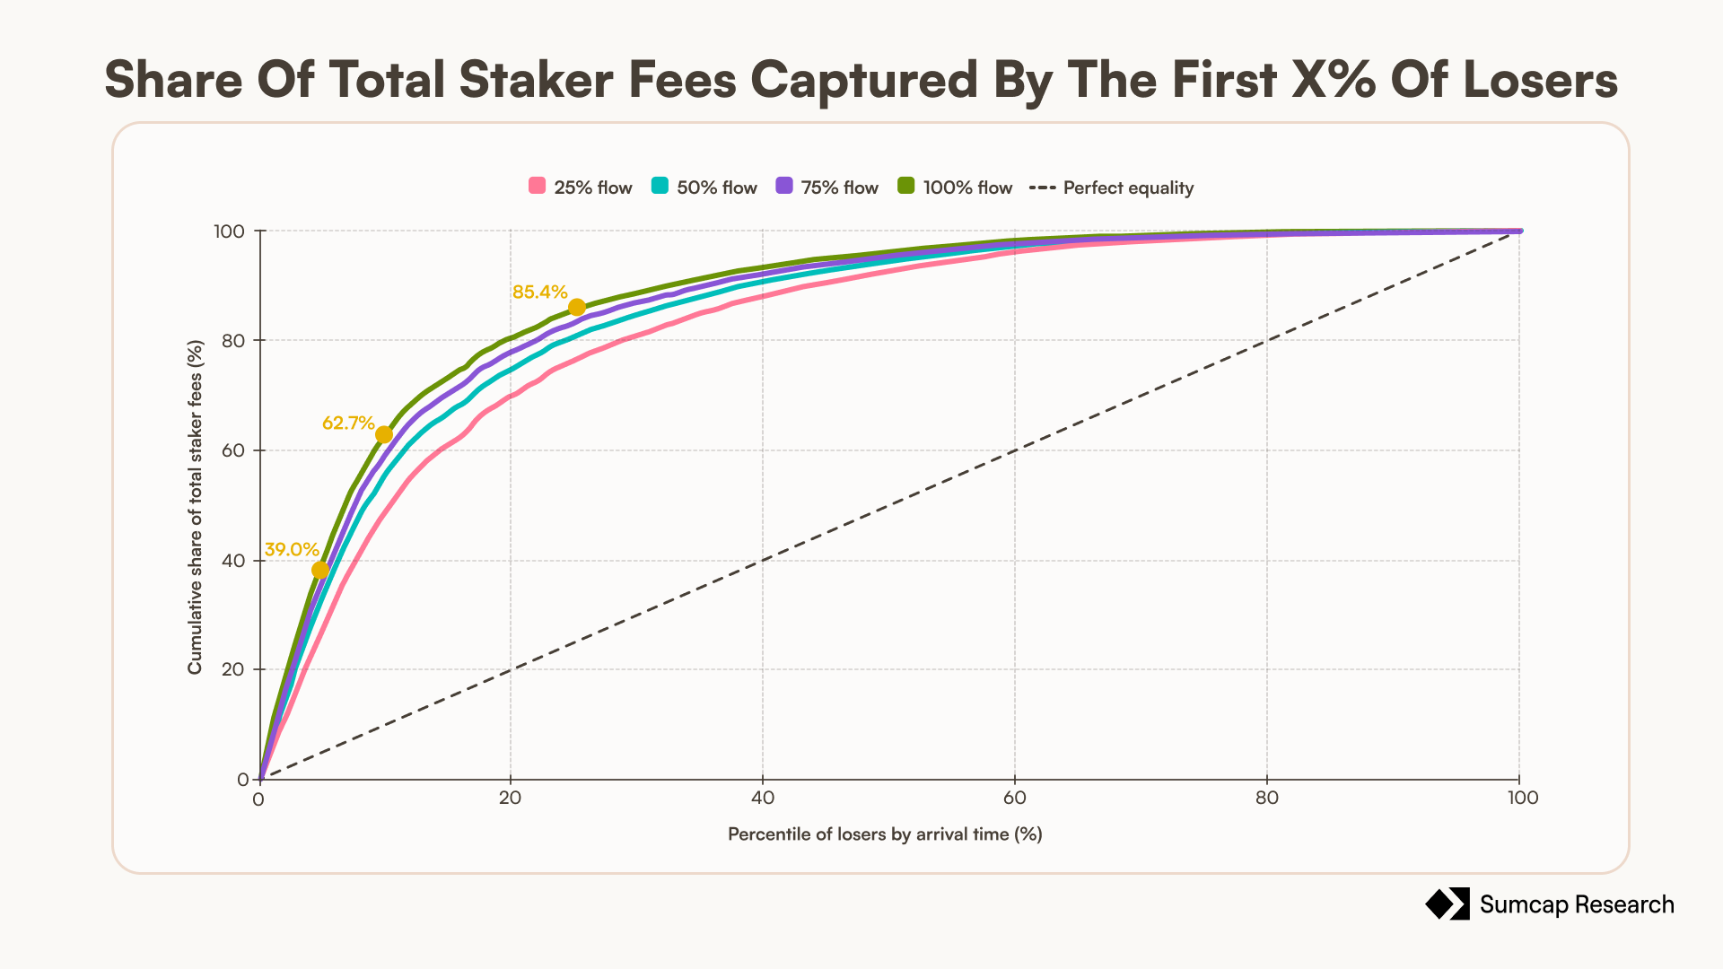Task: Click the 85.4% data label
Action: pos(540,292)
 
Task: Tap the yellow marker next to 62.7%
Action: pos(384,435)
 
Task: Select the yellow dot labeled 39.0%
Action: pos(320,571)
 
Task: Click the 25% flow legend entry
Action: pos(581,188)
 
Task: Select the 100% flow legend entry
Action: pos(955,188)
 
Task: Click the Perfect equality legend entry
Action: pos(1112,188)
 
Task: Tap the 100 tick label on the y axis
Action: pos(229,231)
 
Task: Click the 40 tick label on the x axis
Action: pos(763,798)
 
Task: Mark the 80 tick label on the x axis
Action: pos(1267,798)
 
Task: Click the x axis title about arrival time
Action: pos(885,834)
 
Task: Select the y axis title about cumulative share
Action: pos(195,507)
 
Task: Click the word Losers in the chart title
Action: pos(1541,79)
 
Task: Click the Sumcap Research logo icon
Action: pos(1447,904)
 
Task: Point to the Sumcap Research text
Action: pos(1577,904)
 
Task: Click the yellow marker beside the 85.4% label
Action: pos(577,307)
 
